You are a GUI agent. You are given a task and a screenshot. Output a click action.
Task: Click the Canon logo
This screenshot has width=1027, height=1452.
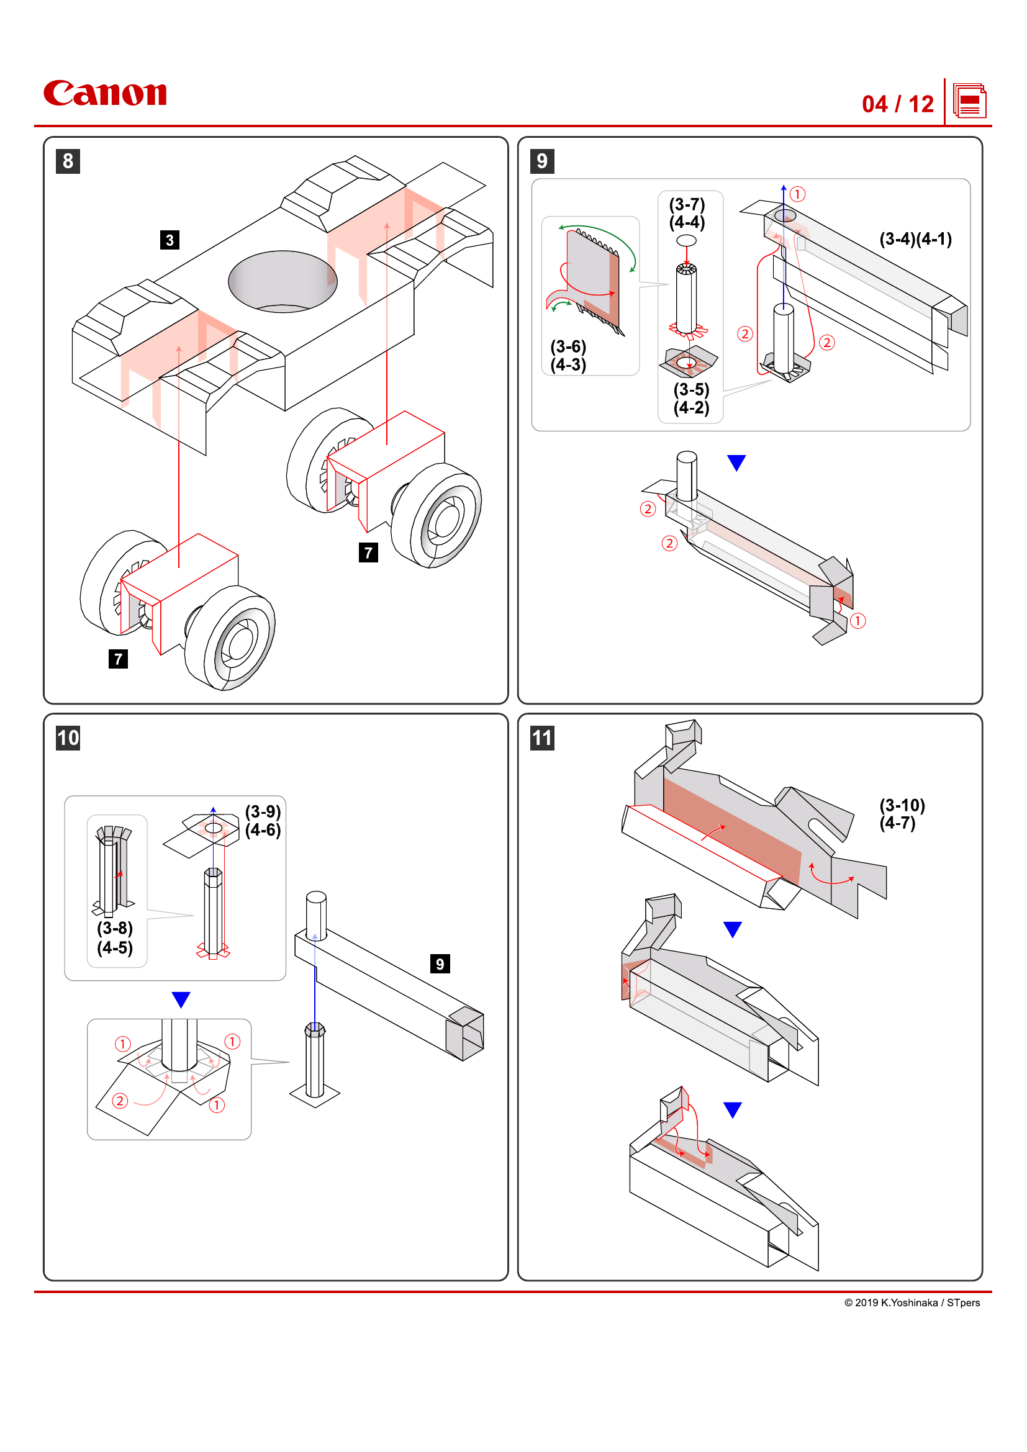pyautogui.click(x=105, y=94)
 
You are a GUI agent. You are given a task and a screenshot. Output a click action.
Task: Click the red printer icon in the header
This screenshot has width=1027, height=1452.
pyautogui.click(x=969, y=102)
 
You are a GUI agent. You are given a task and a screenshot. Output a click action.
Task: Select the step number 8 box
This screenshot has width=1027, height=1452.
pyautogui.click(x=68, y=161)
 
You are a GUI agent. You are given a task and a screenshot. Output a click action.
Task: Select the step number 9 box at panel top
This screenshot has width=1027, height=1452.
pyautogui.click(x=542, y=161)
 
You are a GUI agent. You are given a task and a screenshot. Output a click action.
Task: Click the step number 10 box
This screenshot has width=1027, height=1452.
pyautogui.click(x=68, y=738)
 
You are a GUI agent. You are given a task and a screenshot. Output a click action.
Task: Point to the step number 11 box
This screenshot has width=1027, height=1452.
pyautogui.click(x=542, y=738)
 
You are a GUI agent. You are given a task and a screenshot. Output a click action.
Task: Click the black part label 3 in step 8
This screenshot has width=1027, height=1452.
pyautogui.click(x=170, y=240)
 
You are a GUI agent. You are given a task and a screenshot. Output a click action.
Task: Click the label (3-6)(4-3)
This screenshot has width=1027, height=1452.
pyautogui.click(x=568, y=356)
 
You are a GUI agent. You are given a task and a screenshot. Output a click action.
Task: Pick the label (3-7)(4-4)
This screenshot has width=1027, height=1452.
pyautogui.click(x=687, y=213)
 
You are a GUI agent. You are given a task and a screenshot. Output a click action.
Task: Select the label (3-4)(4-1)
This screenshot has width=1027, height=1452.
pyautogui.click(x=915, y=239)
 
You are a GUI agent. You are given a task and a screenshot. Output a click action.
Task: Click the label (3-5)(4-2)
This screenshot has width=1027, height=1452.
pyautogui.click(x=690, y=399)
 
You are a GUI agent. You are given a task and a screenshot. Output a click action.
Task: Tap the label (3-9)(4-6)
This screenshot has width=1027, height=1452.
pyautogui.click(x=263, y=821)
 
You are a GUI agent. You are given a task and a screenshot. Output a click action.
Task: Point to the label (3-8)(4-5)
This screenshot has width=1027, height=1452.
pyautogui.click(x=114, y=938)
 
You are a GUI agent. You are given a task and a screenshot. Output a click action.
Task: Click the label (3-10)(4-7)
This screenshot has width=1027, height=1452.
pyautogui.click(x=902, y=814)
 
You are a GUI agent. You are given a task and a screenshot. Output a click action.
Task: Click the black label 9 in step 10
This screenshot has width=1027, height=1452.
pyautogui.click(x=440, y=964)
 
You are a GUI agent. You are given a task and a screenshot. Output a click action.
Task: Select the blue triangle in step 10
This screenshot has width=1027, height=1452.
pyautogui.click(x=181, y=999)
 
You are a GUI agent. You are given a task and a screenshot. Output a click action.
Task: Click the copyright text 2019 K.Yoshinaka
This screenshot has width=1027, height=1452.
pyautogui.click(x=912, y=1302)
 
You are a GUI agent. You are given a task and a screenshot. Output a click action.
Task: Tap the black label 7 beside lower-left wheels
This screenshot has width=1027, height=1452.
pyautogui.click(x=117, y=659)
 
